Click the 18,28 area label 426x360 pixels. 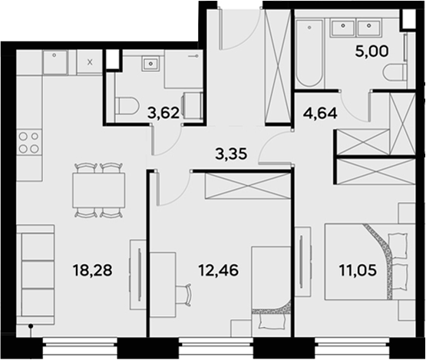pyautogui.click(x=92, y=270)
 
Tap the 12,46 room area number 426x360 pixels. pyautogui.click(x=219, y=270)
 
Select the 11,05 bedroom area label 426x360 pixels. pyautogui.click(x=358, y=270)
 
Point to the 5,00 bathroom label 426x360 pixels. pyautogui.click(x=372, y=51)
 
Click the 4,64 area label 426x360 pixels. pyautogui.click(x=320, y=113)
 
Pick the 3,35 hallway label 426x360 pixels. pyautogui.click(x=231, y=154)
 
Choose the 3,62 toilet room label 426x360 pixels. pyautogui.click(x=163, y=113)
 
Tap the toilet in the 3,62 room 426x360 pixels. pyautogui.click(x=127, y=107)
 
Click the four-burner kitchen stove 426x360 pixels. pyautogui.click(x=29, y=142)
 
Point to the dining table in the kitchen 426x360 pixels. pyautogui.click(x=99, y=190)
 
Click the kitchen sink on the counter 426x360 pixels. pyautogui.click(x=54, y=63)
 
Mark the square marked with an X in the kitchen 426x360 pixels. pyautogui.click(x=90, y=62)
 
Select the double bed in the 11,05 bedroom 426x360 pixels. pyautogui.click(x=366, y=262)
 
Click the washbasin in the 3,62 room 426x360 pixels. pyautogui.click(x=150, y=64)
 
